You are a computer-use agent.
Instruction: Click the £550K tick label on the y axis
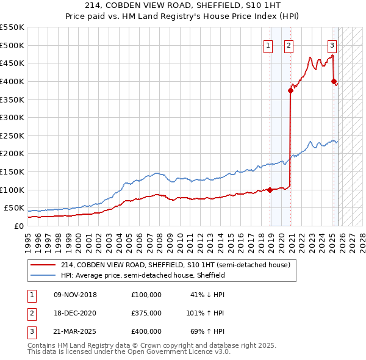pyautogui.click(x=12, y=27)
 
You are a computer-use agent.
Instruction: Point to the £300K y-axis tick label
pyautogui.click(x=12, y=117)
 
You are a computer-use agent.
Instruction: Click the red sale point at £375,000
pyautogui.click(x=291, y=90)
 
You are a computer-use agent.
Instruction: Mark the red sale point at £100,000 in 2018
pyautogui.click(x=270, y=190)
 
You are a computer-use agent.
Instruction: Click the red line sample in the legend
pyautogui.click(x=43, y=265)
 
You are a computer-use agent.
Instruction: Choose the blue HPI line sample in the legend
pyautogui.click(x=43, y=275)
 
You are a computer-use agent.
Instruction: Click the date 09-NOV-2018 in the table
pyautogui.click(x=76, y=295)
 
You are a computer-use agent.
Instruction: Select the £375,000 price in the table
pyautogui.click(x=146, y=313)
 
